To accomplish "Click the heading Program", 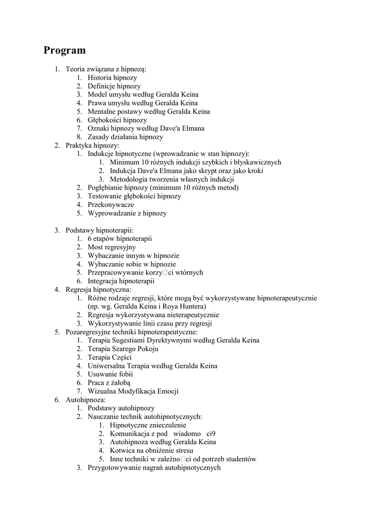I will [x=65, y=50].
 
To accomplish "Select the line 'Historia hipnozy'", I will [x=112, y=78].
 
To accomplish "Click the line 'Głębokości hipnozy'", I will [x=117, y=120].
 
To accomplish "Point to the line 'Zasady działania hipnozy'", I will [x=125, y=137].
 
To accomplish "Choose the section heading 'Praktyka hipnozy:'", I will [x=92, y=145].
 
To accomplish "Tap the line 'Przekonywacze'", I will [x=111, y=204].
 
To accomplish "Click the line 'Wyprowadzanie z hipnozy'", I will [x=127, y=213].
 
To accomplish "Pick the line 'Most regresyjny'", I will [x=112, y=247].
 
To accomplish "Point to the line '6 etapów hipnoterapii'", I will [x=120, y=239].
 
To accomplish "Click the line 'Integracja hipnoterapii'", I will [x=121, y=281].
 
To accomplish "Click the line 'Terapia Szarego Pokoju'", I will [x=123, y=349].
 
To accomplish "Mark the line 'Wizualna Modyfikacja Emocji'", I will [x=133, y=391].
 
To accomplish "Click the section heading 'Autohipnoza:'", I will [x=86, y=400].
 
